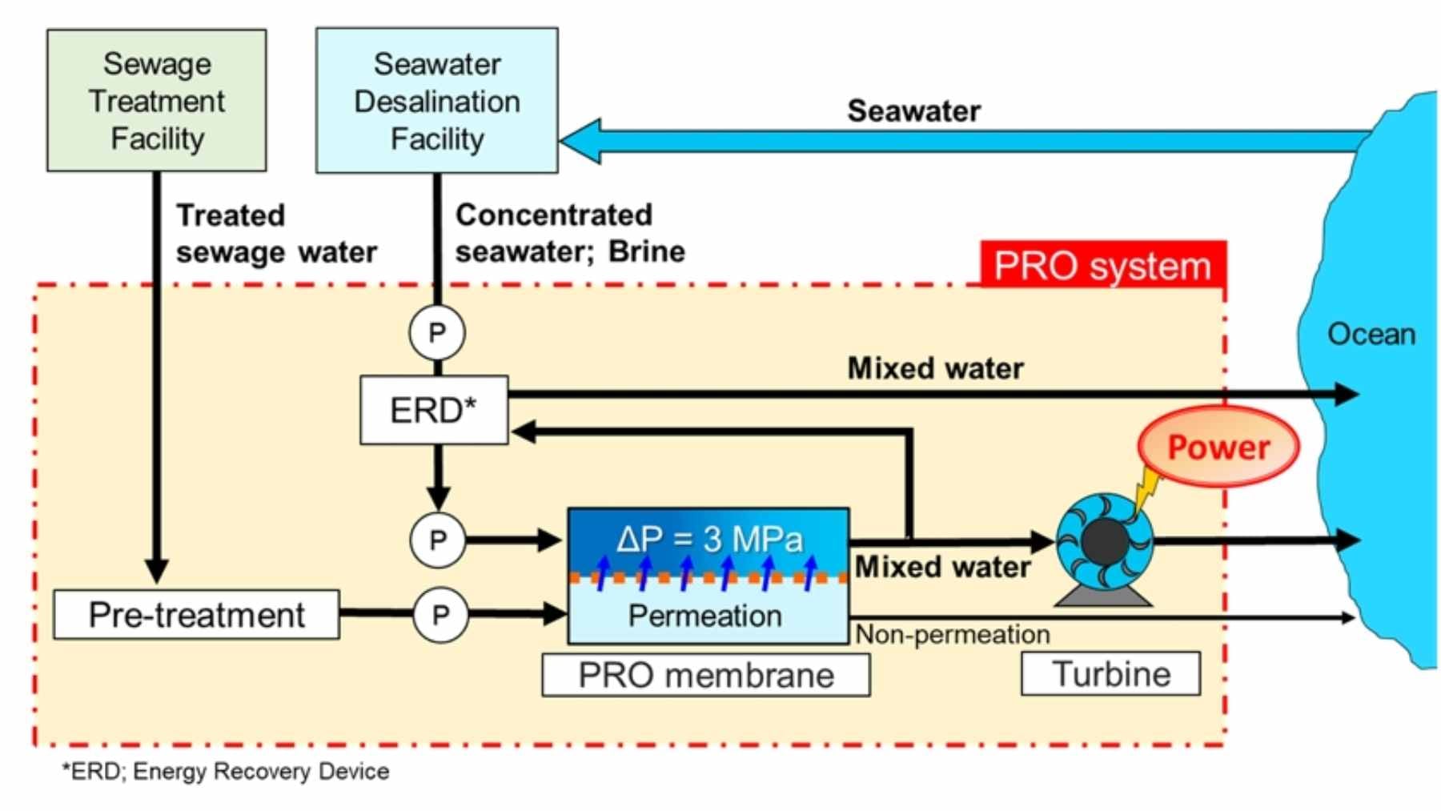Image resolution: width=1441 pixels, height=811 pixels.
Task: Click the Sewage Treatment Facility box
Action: coord(156,100)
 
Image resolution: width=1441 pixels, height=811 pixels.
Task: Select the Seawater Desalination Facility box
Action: coord(436,100)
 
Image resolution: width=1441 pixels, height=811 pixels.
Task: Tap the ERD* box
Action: coord(433,410)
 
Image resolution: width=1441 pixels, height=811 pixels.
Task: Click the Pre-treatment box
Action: coord(196,615)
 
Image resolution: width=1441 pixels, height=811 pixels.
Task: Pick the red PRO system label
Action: coord(1102,265)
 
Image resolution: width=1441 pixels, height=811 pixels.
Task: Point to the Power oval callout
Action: coord(1218,447)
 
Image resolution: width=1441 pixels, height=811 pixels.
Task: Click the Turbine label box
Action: coord(1110,673)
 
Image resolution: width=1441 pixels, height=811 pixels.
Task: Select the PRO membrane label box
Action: coord(705,675)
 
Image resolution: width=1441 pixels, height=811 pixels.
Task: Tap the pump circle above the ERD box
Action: coord(437,332)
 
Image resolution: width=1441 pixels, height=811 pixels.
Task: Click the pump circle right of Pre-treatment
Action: coord(440,615)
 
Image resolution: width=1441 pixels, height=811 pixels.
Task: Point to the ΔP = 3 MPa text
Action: coord(708,539)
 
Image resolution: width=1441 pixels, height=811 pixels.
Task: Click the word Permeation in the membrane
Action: coord(704,616)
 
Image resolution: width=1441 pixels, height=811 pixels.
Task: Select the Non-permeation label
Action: coord(953,635)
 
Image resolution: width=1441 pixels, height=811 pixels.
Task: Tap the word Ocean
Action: coord(1371,334)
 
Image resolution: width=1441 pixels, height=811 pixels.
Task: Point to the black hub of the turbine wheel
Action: coord(1105,542)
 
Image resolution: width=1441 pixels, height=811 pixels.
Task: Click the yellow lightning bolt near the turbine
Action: coord(1147,488)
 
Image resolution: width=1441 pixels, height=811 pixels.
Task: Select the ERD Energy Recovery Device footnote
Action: coord(226,771)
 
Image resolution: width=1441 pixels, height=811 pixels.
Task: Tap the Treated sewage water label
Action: coord(275,233)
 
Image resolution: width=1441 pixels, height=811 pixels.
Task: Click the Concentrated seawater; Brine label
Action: coord(569,233)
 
